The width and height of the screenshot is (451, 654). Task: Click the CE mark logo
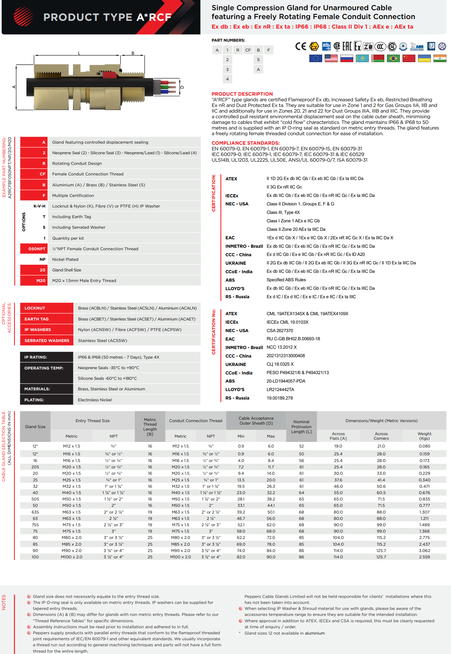coord(301,46)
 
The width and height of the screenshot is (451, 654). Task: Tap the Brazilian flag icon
coord(393,58)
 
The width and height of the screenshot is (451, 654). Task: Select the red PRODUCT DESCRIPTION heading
coord(242,94)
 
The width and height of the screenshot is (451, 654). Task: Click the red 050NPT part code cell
coord(34,249)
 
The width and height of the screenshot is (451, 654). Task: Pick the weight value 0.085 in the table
coord(424,446)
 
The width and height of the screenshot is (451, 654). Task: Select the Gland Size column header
coord(35,427)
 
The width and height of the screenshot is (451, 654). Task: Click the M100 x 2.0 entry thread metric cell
coord(71,557)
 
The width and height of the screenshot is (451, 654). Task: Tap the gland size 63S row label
coord(35,512)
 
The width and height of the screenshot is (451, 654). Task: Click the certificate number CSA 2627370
coord(279,331)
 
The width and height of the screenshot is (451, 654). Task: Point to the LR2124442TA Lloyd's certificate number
coord(280,390)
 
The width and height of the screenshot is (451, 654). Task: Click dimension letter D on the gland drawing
coord(182,87)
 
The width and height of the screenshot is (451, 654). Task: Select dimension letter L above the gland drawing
coord(79,53)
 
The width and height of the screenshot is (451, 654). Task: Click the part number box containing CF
coord(248,50)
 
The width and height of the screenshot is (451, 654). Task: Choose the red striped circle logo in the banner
coord(23,17)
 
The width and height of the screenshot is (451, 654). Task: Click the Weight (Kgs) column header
coord(424,436)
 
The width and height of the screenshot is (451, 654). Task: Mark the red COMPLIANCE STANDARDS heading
coord(246,143)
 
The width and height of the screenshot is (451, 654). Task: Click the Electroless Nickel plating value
coord(95,400)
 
